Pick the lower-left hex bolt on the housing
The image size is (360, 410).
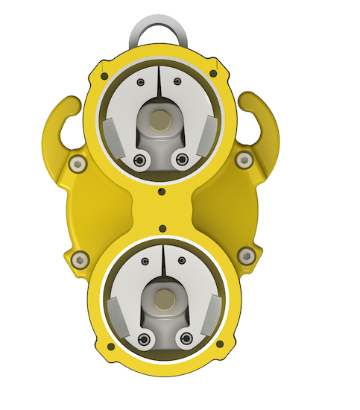(80, 259)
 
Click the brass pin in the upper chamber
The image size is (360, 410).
(159, 120)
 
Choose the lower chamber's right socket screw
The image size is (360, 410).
(184, 340)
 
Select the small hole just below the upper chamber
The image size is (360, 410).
(162, 192)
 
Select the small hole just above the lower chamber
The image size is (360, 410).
(162, 227)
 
